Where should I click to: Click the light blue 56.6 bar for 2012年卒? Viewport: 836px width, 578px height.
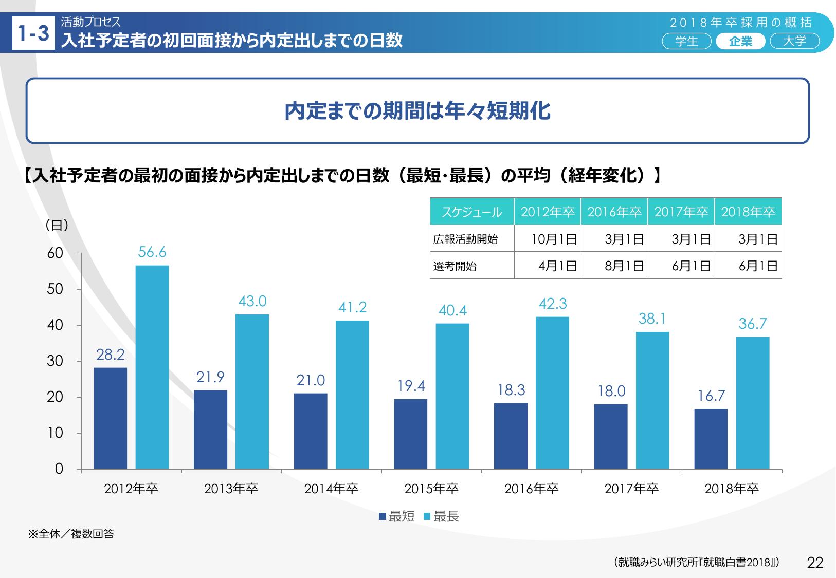tap(152, 367)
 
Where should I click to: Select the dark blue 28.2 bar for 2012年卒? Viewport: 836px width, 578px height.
tap(110, 418)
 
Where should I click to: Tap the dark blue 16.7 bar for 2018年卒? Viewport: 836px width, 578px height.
tap(711, 439)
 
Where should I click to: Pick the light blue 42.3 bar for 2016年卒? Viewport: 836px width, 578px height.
tap(552, 393)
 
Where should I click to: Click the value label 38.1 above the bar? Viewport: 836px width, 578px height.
tap(652, 319)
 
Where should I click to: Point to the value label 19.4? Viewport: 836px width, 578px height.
tap(411, 386)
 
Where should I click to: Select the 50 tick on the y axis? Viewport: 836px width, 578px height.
tap(55, 289)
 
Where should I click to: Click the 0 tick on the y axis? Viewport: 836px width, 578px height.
tap(59, 469)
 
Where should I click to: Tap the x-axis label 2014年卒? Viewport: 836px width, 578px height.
tap(331, 489)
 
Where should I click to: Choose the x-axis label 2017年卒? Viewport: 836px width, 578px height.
tap(631, 489)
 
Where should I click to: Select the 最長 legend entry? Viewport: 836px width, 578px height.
tap(441, 517)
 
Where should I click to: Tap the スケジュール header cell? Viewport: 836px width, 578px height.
tap(471, 212)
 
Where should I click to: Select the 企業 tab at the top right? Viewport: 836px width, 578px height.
tap(740, 41)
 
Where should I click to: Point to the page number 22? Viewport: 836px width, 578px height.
tap(815, 563)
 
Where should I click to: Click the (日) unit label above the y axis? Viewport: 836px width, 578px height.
tap(57, 225)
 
